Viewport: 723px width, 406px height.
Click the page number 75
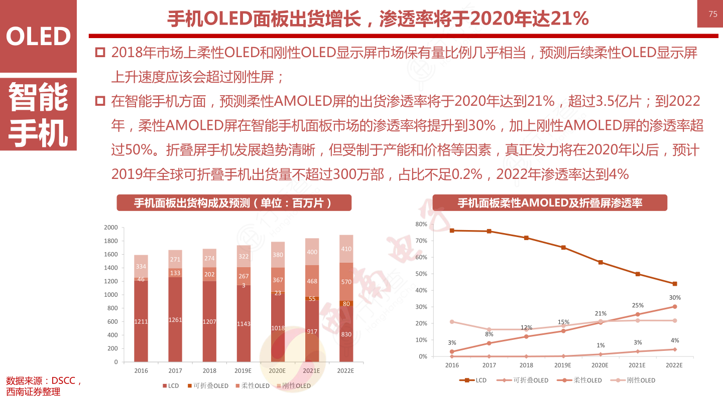click(713, 14)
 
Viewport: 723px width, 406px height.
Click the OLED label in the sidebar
click(38, 37)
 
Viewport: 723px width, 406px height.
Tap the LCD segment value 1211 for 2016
click(141, 322)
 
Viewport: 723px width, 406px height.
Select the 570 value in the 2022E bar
click(346, 282)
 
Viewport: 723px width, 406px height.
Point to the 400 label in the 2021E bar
click(312, 252)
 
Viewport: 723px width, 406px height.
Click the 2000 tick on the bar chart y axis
click(110, 228)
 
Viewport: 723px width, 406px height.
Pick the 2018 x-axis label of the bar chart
click(209, 371)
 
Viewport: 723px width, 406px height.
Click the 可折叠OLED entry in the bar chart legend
click(208, 386)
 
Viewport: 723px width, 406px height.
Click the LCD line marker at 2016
click(452, 231)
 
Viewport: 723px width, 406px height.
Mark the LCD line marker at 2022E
click(675, 284)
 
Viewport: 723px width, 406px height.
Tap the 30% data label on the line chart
click(675, 298)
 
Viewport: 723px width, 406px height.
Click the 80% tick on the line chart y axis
click(421, 224)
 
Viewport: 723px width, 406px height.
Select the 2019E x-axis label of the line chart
click(563, 365)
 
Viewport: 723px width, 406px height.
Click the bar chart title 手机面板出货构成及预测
click(234, 203)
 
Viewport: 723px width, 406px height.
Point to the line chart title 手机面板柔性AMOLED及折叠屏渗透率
click(550, 203)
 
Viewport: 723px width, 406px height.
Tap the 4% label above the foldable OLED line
click(675, 341)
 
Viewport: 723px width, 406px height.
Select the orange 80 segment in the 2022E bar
click(346, 304)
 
